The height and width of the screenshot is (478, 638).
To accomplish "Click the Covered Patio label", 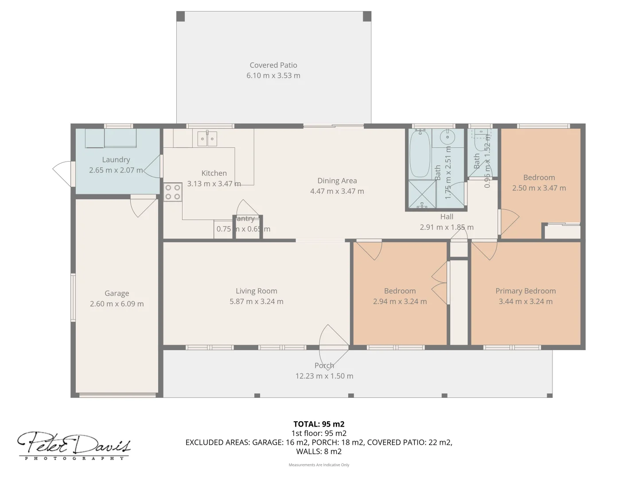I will [273, 65].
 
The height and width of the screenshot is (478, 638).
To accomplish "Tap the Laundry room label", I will [116, 159].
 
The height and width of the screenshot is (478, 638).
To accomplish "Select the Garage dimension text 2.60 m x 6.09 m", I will [117, 304].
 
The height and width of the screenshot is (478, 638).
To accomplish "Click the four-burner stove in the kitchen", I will [172, 192].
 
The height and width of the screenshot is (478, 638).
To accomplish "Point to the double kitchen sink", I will [207, 139].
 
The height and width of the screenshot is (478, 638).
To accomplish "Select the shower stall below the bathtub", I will [421, 194].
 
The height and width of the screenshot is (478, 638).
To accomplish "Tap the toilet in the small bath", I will [479, 140].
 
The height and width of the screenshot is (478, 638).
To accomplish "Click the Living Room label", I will [257, 291].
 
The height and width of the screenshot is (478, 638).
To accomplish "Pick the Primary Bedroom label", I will [525, 291].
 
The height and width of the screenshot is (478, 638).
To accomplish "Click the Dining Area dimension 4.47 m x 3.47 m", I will [337, 191].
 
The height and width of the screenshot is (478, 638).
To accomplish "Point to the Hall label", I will [447, 216].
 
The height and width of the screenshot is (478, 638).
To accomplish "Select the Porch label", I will [324, 366].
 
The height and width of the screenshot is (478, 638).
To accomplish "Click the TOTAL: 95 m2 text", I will [319, 424].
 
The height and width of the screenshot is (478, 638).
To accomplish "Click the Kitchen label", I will [214, 173].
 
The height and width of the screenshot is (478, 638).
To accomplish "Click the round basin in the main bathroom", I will [447, 138].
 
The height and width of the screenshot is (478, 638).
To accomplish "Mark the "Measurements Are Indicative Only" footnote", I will [319, 465].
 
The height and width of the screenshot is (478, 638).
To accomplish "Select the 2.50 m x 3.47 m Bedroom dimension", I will [539, 188].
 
